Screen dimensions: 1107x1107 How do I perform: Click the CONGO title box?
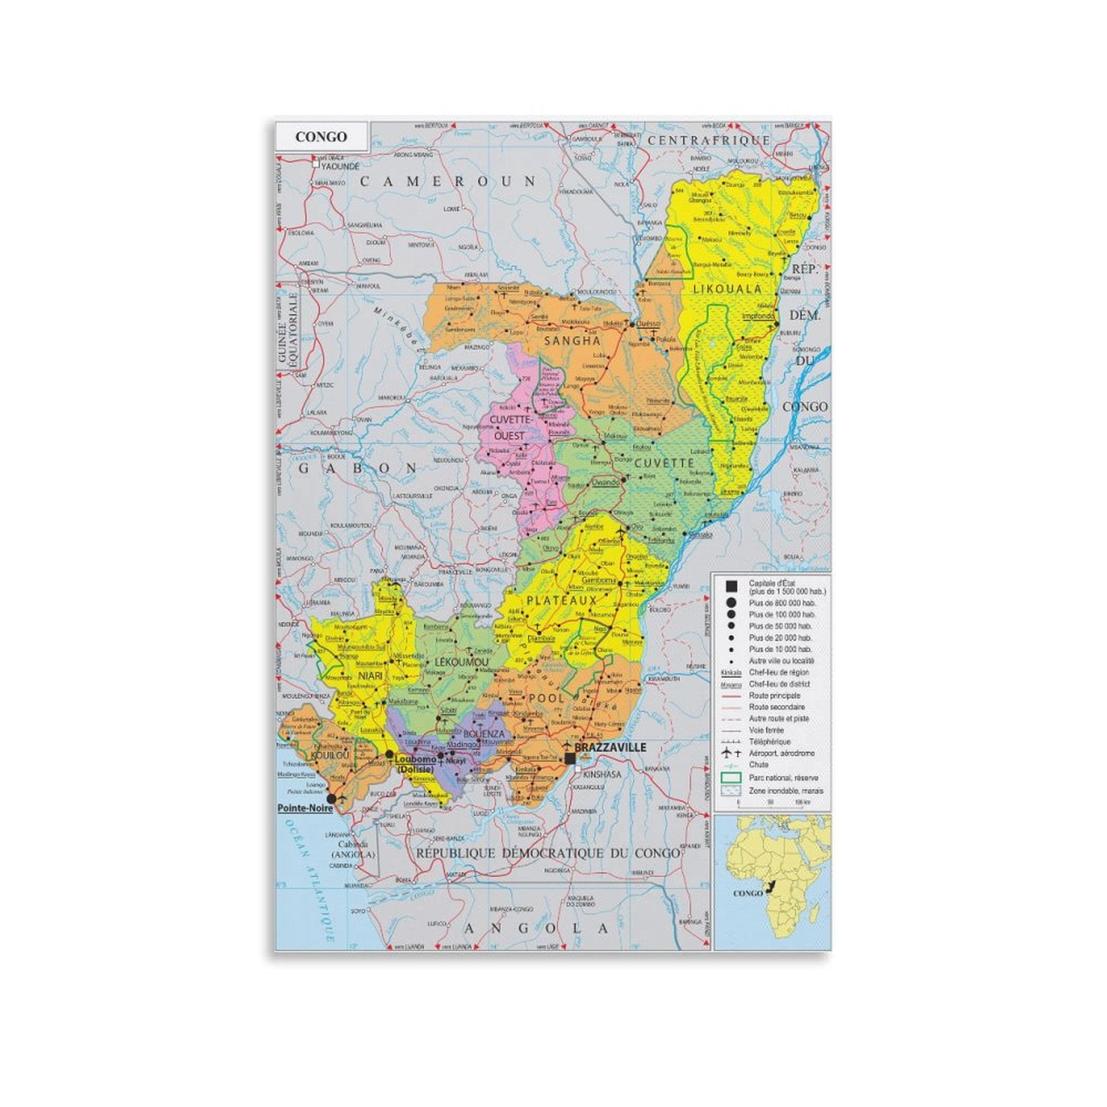tap(321, 136)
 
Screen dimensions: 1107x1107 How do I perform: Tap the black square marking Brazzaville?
tap(569, 758)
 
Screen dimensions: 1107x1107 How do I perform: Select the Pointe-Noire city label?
tap(305, 808)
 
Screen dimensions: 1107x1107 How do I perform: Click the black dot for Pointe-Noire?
tap(331, 798)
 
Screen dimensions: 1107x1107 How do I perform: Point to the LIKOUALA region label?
tap(727, 289)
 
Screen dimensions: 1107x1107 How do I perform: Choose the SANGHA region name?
tap(572, 340)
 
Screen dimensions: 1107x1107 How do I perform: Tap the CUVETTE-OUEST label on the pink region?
tap(510, 428)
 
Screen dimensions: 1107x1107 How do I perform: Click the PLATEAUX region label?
tap(562, 601)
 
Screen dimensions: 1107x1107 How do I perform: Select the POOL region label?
tap(547, 698)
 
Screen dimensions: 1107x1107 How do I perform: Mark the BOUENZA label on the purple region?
tap(484, 733)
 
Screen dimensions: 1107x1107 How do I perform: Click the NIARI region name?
tap(370, 675)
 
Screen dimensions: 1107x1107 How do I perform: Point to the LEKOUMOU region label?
tap(461, 662)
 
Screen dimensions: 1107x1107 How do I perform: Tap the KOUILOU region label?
tap(330, 756)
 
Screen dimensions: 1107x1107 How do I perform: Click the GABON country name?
tap(357, 468)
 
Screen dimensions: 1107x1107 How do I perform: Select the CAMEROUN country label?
tap(448, 181)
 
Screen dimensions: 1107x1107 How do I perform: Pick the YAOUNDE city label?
tap(340, 167)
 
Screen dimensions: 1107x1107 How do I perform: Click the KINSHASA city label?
tap(601, 774)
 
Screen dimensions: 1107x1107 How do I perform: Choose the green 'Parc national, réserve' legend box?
tap(731, 778)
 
